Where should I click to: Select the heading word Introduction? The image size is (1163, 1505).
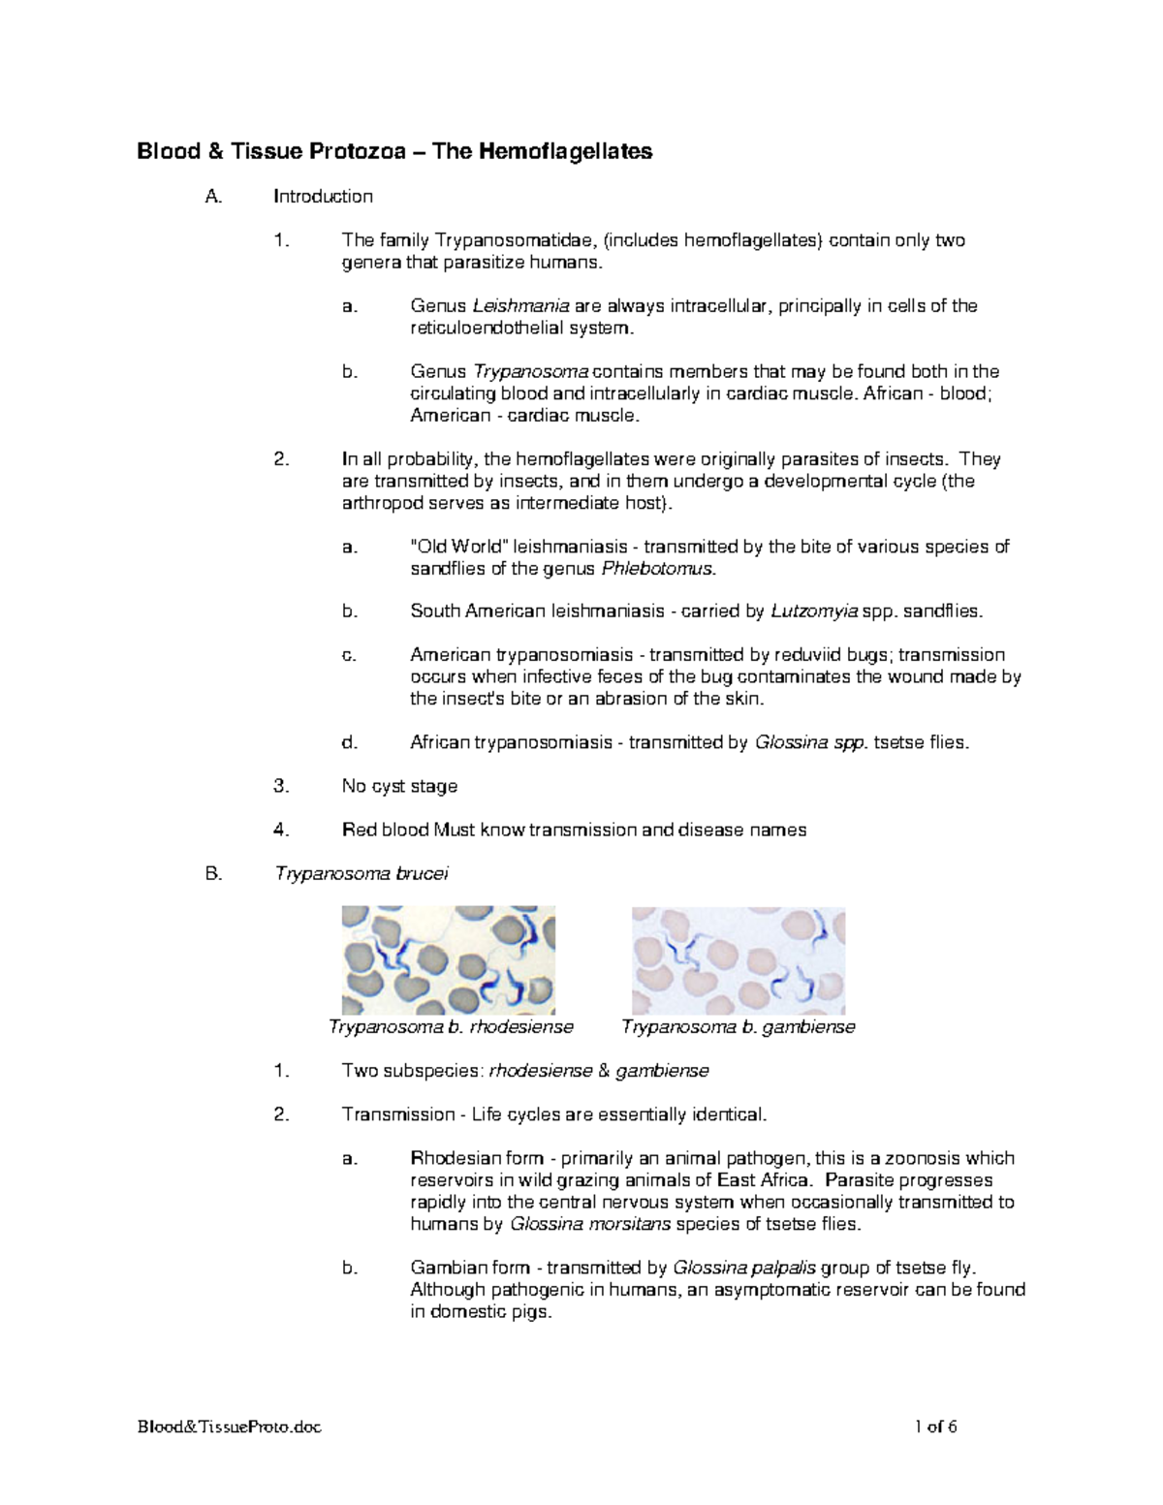(x=323, y=197)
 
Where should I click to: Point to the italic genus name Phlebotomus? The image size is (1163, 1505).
(x=659, y=569)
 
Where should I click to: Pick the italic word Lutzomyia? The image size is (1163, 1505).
(x=814, y=611)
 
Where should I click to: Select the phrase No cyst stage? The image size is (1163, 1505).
(x=399, y=786)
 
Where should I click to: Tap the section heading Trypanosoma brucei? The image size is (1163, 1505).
(x=361, y=873)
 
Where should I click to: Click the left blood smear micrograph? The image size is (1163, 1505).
(x=448, y=960)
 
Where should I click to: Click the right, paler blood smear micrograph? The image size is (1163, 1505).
(x=739, y=960)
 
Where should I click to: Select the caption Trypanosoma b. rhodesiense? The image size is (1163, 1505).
(x=451, y=1027)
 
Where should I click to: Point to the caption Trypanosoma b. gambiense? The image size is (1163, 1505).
(x=739, y=1027)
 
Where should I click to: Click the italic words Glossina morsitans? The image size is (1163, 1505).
(x=590, y=1224)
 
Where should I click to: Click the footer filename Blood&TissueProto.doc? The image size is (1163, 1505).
(x=229, y=1427)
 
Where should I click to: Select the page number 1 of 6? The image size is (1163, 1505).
(x=935, y=1427)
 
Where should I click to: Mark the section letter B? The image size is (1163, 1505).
(x=213, y=873)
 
